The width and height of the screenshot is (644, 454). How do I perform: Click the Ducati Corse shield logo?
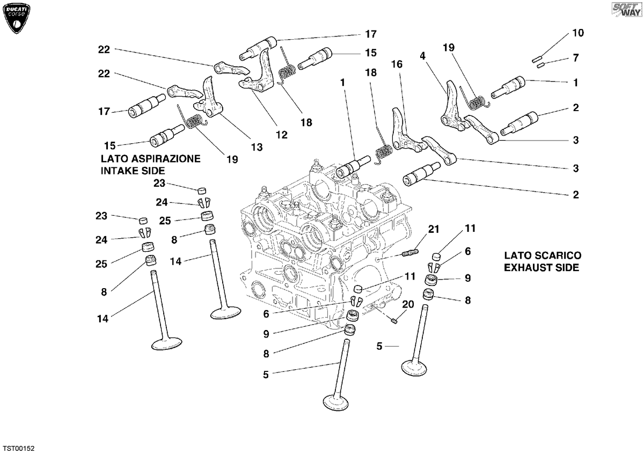pos(16,18)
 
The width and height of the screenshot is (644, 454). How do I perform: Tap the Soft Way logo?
pos(627,10)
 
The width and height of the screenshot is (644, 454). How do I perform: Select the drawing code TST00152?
pos(19,448)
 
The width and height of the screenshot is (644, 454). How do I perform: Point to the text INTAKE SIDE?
pos(133,171)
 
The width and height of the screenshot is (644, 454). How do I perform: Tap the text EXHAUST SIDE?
pos(541,267)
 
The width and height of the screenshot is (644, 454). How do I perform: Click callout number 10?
pos(578,33)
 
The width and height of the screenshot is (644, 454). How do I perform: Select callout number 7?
pos(575,58)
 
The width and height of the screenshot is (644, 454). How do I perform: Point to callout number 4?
pos(422,56)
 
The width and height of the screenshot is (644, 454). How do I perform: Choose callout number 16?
pos(397,64)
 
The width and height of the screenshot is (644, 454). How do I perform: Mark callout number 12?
pos(281,135)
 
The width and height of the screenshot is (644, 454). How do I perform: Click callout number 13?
pos(257,147)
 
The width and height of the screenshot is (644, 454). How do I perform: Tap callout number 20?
pos(408,304)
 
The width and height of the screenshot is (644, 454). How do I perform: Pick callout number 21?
pos(434,229)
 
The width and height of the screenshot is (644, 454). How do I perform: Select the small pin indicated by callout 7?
pos(541,65)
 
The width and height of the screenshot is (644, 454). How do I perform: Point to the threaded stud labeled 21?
pos(409,253)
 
